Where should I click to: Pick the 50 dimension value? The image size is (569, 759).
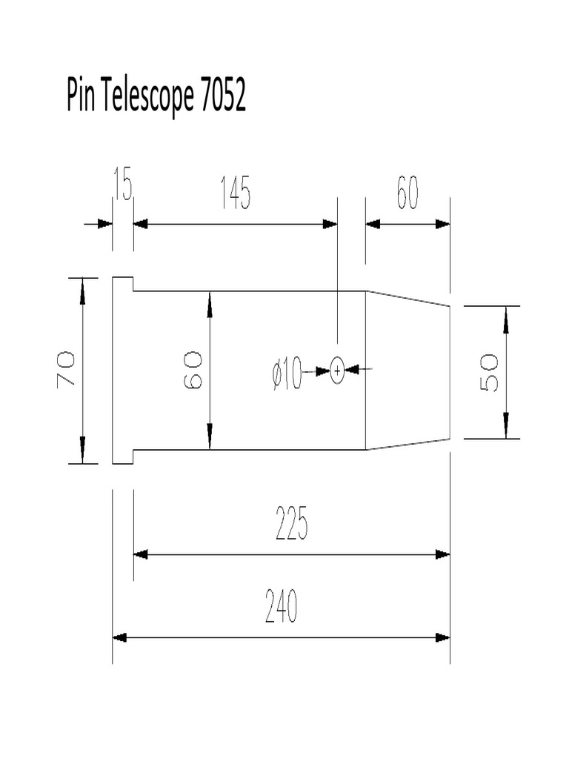point(489,372)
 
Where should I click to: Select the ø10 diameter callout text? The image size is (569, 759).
point(287,372)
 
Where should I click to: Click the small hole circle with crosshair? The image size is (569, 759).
point(337,370)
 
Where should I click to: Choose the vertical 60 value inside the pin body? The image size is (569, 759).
point(192,370)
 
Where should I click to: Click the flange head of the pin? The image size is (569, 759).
point(122,370)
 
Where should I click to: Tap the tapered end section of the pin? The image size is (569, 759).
point(407,370)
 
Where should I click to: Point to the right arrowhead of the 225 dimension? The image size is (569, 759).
point(442,554)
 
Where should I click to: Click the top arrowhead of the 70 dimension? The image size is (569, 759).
point(82,286)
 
